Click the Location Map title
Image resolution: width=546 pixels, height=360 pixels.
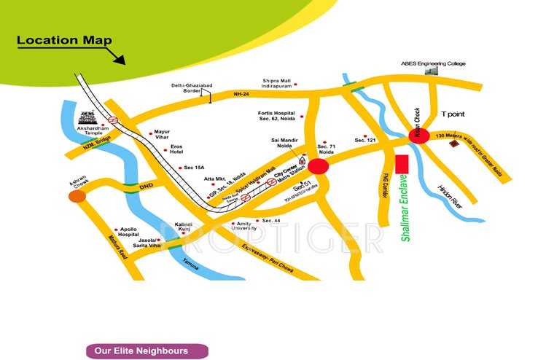pos(64,41)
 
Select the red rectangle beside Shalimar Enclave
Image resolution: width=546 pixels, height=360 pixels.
pos(400,165)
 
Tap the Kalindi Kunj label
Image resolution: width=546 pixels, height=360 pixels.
pos(185,227)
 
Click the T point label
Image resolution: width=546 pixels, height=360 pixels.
pos(453,114)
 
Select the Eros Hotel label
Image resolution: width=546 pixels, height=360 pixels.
pos(182,149)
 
